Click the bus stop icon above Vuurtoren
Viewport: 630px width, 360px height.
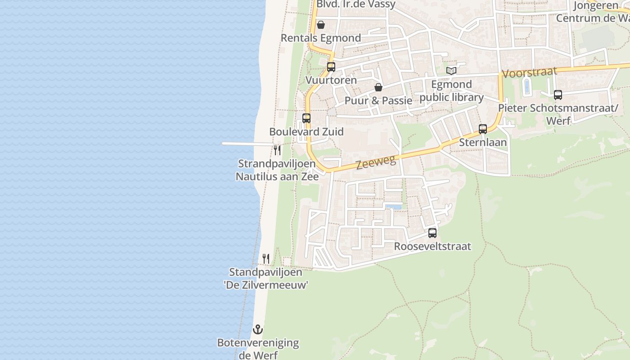(x=331, y=67)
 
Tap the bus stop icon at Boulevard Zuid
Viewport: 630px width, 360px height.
(x=306, y=118)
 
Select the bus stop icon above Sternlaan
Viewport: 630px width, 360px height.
(x=483, y=129)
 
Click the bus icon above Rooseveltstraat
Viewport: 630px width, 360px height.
(x=432, y=233)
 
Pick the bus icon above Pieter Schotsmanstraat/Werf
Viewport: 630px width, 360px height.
(x=558, y=95)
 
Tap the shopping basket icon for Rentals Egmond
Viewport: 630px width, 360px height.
(x=321, y=25)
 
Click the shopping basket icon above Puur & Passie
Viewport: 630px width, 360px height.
(x=378, y=87)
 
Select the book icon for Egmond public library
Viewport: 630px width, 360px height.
(x=451, y=71)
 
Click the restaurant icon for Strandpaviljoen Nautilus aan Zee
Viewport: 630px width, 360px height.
(x=277, y=150)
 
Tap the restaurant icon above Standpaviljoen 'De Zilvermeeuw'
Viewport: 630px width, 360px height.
(x=266, y=259)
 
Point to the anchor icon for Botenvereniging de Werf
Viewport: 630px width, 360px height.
(x=257, y=329)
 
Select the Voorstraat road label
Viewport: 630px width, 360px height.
(x=529, y=72)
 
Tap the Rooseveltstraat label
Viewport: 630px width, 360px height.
(x=432, y=246)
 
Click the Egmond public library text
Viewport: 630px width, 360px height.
(x=451, y=91)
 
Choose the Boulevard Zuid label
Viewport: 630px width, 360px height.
(x=306, y=132)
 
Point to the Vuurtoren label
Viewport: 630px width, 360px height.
(x=331, y=80)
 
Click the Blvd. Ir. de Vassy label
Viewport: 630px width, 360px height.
(x=356, y=4)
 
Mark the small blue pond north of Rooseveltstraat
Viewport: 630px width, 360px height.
(x=393, y=207)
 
